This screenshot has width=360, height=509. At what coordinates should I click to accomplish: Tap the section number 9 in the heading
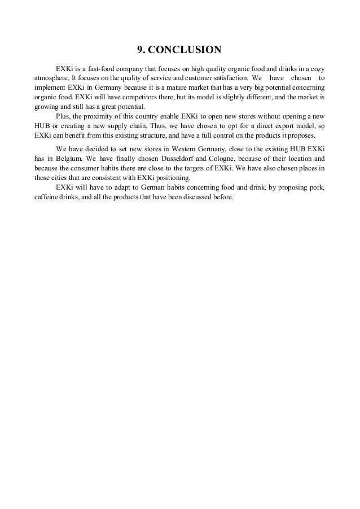point(142,50)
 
